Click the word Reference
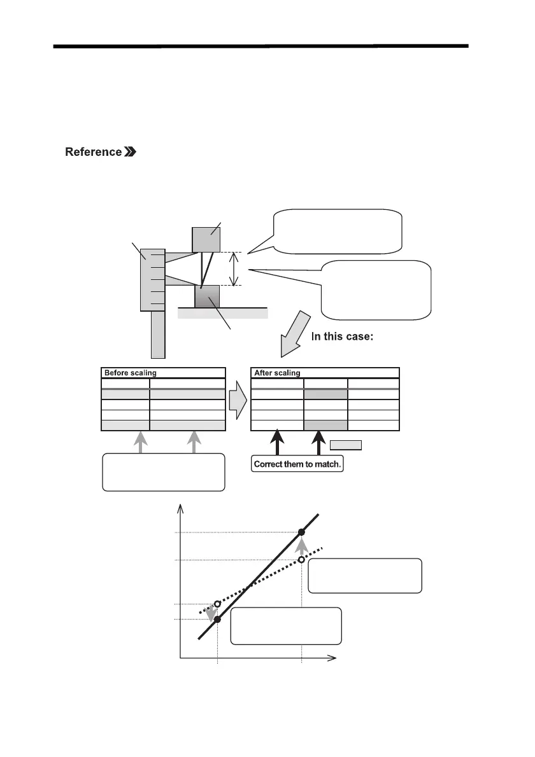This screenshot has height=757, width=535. coord(93,152)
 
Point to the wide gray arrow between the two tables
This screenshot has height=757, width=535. coord(238,405)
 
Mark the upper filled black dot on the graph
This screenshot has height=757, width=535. coord(302,532)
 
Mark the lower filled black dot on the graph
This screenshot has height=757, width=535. coord(218,619)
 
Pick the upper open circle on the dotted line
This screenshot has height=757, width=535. coord(301,560)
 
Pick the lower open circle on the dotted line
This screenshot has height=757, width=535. coord(217,603)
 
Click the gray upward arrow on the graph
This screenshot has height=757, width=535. coord(302,546)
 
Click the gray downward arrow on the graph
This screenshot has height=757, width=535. coord(211,611)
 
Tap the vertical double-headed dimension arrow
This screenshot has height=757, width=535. coord(235,269)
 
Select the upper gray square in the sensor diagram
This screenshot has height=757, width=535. coord(206,239)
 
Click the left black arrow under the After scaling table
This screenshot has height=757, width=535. coord(276,444)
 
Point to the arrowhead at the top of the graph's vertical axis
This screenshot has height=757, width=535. coord(182,508)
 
